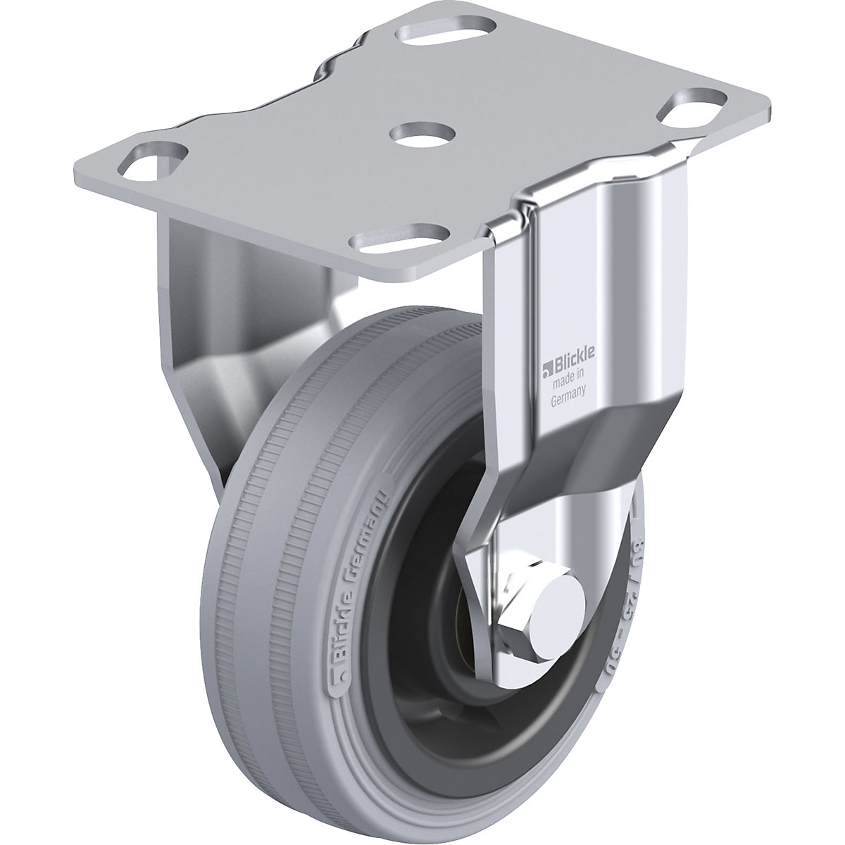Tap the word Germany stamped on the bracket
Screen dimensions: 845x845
tap(567, 399)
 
